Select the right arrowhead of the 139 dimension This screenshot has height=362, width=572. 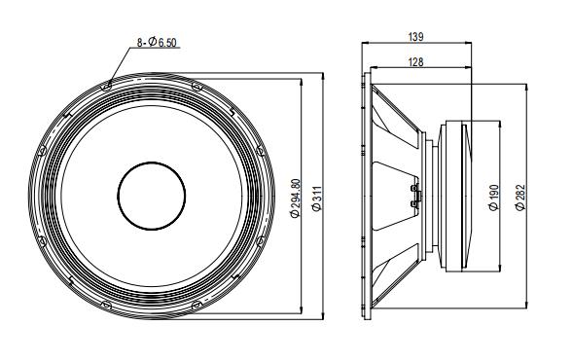[469, 44]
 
